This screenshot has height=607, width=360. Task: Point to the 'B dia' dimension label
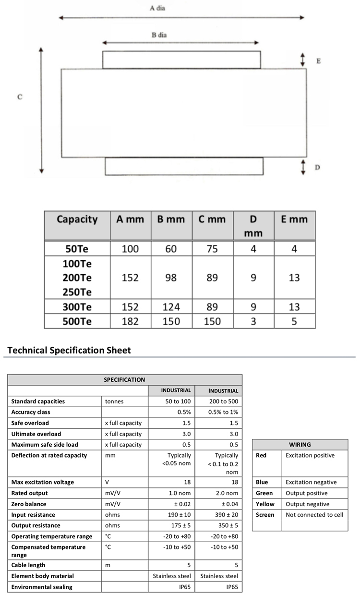(159, 35)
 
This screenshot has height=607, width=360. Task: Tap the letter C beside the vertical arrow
(20, 97)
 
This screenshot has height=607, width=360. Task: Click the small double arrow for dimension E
(302, 60)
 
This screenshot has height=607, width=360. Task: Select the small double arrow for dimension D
(303, 167)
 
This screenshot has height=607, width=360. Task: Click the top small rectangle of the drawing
(181, 60)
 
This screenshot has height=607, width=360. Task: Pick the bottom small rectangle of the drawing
(184, 166)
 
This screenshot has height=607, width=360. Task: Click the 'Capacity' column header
(77, 219)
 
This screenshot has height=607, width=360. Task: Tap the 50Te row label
(77, 249)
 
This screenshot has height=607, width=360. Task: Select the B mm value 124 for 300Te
(171, 307)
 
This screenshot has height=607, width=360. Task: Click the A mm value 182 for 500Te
(130, 321)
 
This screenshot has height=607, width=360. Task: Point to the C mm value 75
(212, 249)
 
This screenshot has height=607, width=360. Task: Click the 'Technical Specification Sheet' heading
(69, 350)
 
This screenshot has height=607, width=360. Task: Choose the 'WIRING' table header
(300, 445)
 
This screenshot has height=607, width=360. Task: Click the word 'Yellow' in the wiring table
(265, 504)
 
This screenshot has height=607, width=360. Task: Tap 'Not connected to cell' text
(314, 515)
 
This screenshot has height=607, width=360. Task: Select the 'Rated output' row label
(30, 493)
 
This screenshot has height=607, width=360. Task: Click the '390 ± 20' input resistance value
(224, 515)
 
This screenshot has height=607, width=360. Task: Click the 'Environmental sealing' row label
(42, 587)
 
